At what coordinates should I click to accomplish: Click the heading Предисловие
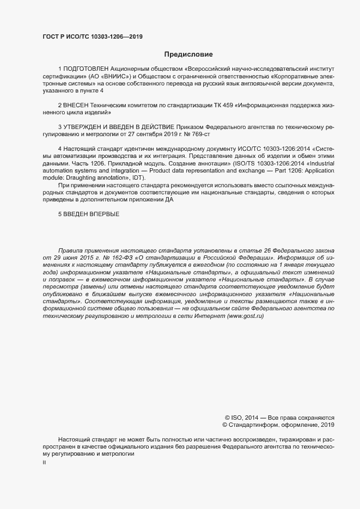pyautogui.click(x=188, y=54)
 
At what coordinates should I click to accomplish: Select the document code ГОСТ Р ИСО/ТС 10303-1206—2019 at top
pyautogui.click(x=93, y=36)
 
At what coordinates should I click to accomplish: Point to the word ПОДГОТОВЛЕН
pyautogui.click(x=86, y=70)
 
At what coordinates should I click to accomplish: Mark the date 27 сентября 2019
pyautogui.click(x=160, y=133)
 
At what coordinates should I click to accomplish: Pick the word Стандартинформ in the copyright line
pyautogui.click(x=259, y=425)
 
